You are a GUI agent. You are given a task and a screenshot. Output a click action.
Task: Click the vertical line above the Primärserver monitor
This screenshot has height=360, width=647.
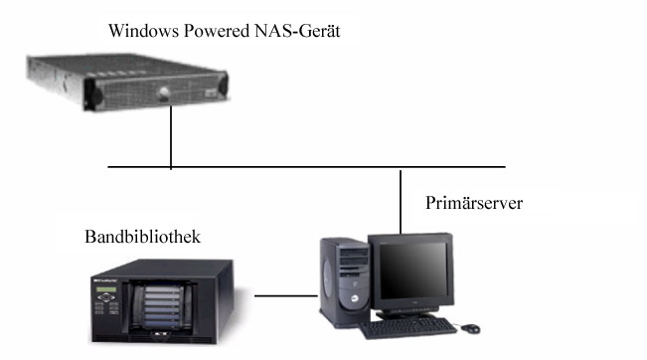(401, 199)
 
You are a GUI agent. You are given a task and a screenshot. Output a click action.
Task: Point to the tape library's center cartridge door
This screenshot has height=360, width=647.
(161, 298)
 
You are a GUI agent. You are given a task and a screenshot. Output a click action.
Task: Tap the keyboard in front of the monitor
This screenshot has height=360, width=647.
(407, 328)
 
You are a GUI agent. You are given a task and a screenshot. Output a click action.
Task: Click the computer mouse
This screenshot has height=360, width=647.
(470, 327)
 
